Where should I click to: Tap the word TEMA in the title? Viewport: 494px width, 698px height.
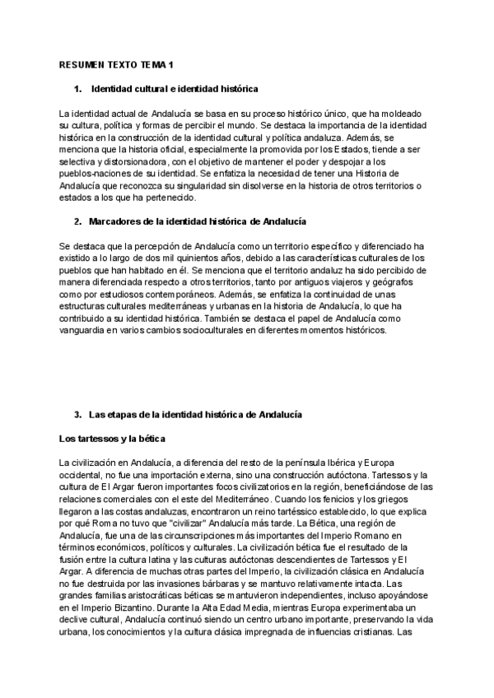click(159, 64)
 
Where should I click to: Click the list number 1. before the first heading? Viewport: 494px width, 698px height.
click(78, 88)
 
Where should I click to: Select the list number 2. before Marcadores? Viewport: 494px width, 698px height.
click(78, 222)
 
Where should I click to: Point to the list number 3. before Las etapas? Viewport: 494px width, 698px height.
click(78, 414)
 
